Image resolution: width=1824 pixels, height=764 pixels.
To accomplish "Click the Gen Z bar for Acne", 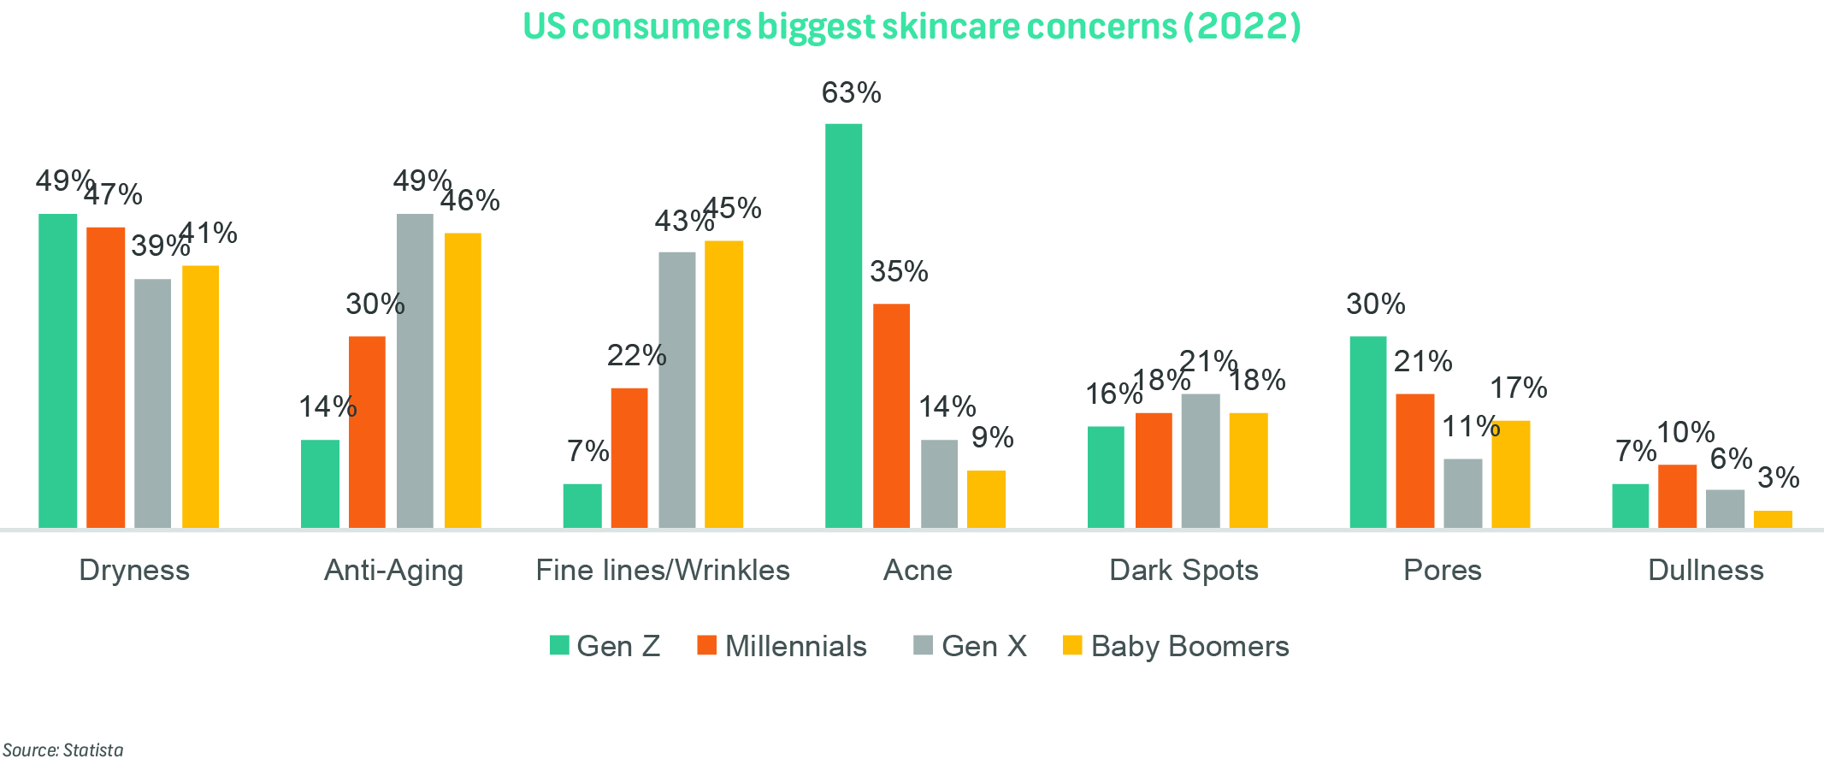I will point(843,325).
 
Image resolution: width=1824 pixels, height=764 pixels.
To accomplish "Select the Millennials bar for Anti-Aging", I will point(367,431).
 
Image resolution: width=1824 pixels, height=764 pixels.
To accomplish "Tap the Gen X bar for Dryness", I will point(152,403).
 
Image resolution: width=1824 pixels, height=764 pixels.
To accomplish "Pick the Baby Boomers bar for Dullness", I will point(1773,519).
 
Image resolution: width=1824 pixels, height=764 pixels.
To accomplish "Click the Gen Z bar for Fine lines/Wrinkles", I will point(582,506).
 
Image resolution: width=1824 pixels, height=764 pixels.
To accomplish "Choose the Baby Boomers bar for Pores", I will point(1510,474).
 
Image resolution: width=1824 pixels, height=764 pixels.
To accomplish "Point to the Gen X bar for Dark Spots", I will point(1201,460).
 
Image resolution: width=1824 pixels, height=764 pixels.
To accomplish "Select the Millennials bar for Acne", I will point(891,415).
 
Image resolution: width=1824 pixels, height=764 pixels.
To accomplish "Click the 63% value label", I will point(851,92).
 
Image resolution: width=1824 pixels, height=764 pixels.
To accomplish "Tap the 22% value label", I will point(636,355).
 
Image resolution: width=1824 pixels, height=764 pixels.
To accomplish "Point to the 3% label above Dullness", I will point(1779,477).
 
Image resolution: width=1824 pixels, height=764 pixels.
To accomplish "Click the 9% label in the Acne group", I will point(993,438).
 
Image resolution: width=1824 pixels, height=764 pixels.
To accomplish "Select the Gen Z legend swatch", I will point(559,645).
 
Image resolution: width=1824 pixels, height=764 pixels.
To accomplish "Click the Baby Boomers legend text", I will point(1189,646).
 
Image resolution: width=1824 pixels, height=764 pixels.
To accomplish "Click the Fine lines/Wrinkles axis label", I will point(663,570).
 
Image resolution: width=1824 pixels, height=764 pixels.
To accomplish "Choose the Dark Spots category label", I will point(1184,570).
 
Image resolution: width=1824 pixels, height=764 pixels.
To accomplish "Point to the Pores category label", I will point(1442,570).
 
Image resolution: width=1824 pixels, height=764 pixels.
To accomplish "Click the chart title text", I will point(912,27).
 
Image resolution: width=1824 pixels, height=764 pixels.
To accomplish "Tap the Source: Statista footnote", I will point(63,750).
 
